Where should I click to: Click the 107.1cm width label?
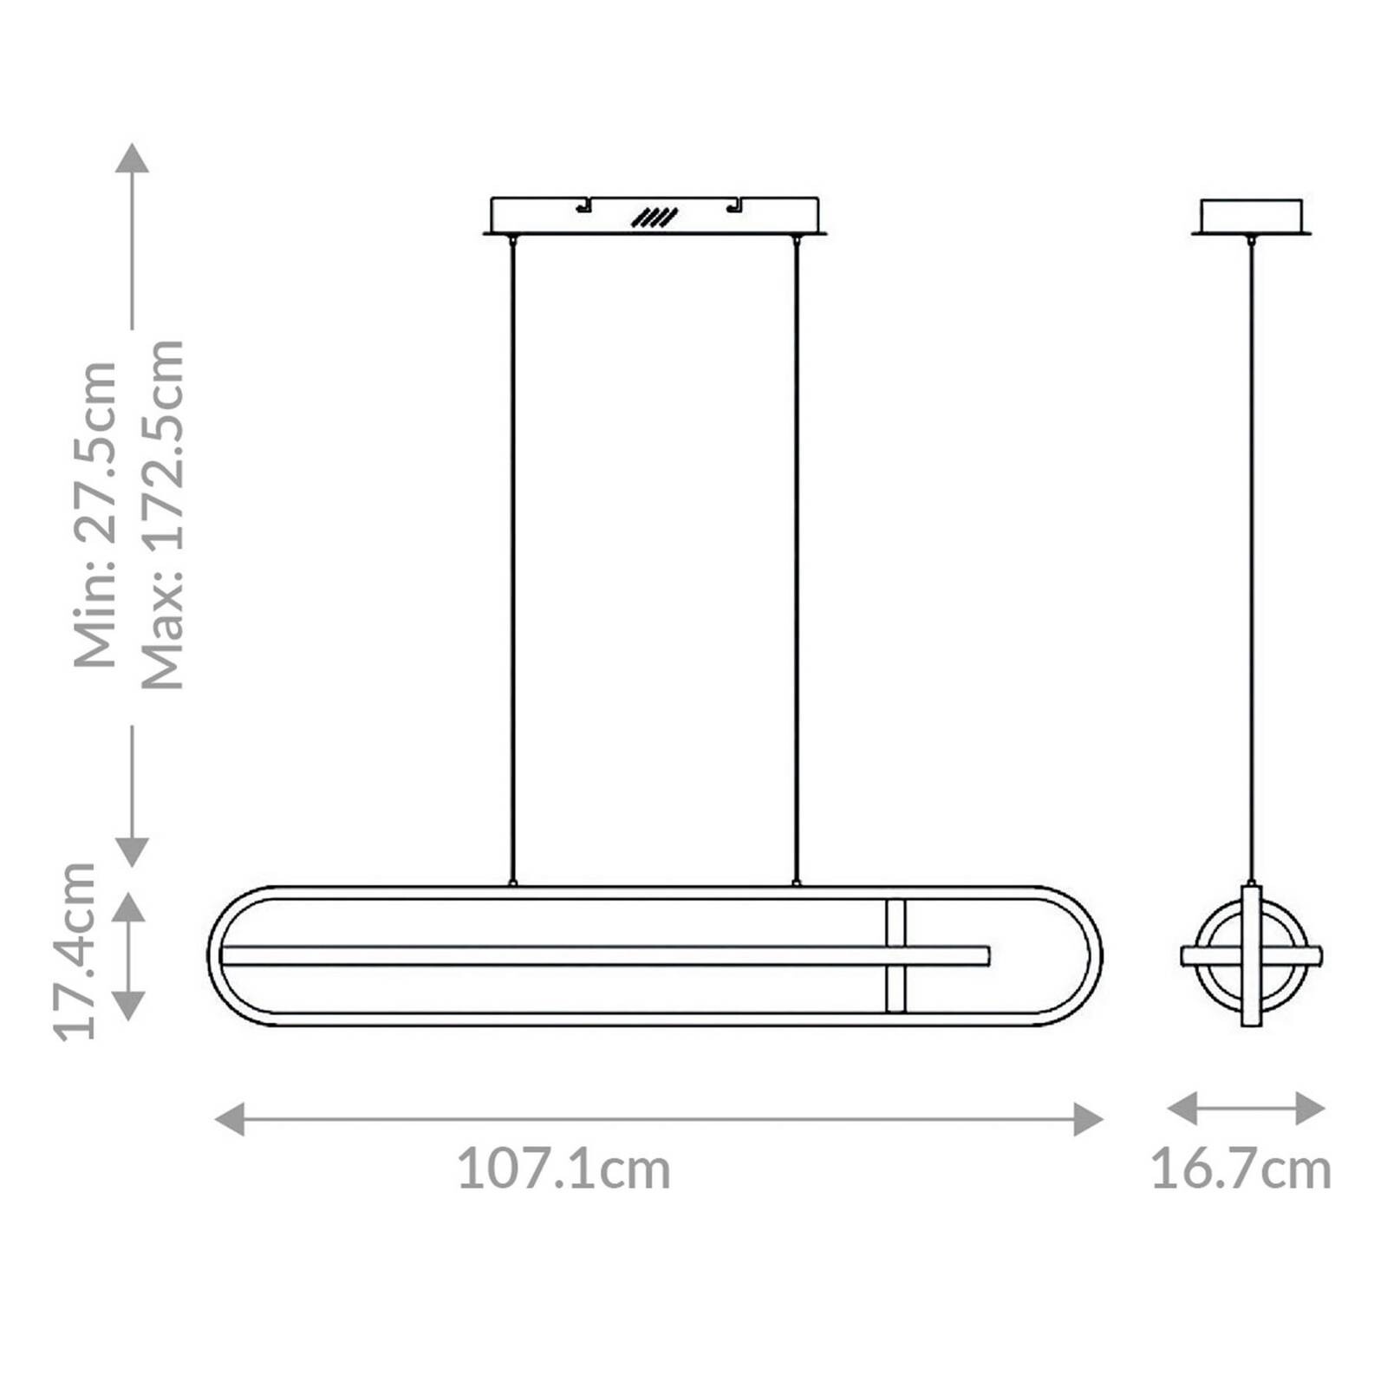pyautogui.click(x=563, y=1169)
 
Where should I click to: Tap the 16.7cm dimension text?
pyautogui.click(x=1240, y=1169)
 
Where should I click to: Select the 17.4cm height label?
pyautogui.click(x=75, y=950)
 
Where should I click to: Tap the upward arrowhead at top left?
pyautogui.click(x=132, y=159)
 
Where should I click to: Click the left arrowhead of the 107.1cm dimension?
pyautogui.click(x=229, y=1119)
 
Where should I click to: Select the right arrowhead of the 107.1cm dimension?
pyautogui.click(x=1088, y=1119)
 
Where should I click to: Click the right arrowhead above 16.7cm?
pyautogui.click(x=1310, y=1108)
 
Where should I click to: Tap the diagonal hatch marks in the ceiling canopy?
pyautogui.click(x=654, y=218)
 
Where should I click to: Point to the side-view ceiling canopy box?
pyautogui.click(x=1251, y=214)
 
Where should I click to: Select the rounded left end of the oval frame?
pyautogui.click(x=215, y=955)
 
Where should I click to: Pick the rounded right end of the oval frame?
pyautogui.click(x=1095, y=955)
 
